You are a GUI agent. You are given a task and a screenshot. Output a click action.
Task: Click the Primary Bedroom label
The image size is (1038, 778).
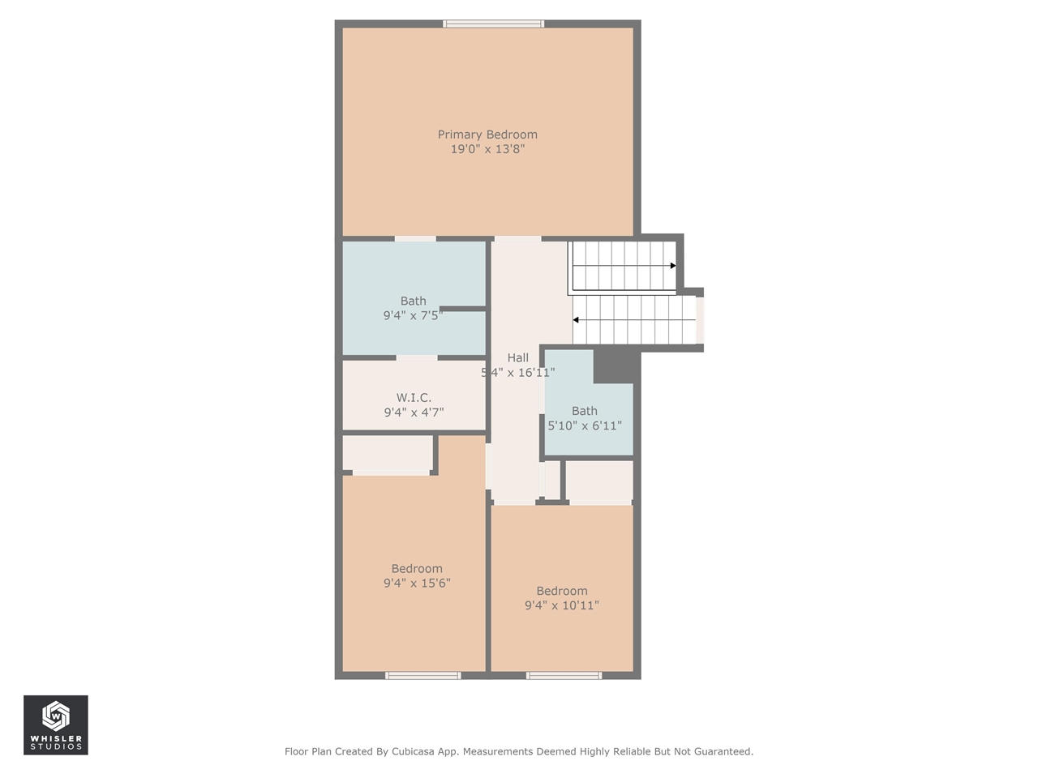pyautogui.click(x=487, y=135)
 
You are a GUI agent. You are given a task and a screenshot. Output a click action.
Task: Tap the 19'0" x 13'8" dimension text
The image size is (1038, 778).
pyautogui.click(x=487, y=149)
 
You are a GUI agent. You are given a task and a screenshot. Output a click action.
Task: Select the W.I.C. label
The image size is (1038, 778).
pyautogui.click(x=414, y=398)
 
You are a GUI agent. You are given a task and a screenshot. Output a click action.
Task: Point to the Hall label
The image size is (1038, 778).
pyautogui.click(x=517, y=357)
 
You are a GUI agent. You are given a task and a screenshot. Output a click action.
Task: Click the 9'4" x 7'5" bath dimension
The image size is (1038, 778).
pyautogui.click(x=413, y=315)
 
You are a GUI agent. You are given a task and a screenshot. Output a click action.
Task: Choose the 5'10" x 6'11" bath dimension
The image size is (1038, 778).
pyautogui.click(x=585, y=425)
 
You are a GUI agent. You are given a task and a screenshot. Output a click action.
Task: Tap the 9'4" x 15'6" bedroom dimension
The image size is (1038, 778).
pyautogui.click(x=417, y=583)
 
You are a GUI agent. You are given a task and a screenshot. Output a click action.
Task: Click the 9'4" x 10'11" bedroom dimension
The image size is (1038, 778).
pyautogui.click(x=561, y=605)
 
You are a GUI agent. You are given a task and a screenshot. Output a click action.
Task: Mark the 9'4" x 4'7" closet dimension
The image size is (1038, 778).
pyautogui.click(x=414, y=413)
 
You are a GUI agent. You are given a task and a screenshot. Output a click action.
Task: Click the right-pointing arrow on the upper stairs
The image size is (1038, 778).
pyautogui.click(x=672, y=266)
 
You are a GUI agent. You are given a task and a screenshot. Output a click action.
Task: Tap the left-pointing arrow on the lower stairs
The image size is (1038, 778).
pyautogui.click(x=576, y=320)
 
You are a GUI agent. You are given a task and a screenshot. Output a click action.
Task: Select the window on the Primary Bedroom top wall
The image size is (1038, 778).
pyautogui.click(x=493, y=24)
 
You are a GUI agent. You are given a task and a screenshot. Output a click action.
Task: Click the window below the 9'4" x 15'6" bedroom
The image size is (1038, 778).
pyautogui.click(x=422, y=675)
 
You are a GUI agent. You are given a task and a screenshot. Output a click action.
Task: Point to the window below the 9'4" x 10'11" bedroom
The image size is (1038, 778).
pyautogui.click(x=564, y=675)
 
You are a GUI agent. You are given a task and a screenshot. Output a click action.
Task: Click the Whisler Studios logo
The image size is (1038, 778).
pyautogui.click(x=55, y=725)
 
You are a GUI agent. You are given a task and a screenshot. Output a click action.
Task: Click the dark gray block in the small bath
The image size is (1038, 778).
pyautogui.click(x=613, y=366)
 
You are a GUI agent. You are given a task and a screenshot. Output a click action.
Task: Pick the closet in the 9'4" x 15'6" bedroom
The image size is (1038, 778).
pyautogui.click(x=387, y=454)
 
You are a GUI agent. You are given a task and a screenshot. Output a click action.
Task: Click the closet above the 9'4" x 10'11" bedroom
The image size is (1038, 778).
pyautogui.click(x=598, y=481)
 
